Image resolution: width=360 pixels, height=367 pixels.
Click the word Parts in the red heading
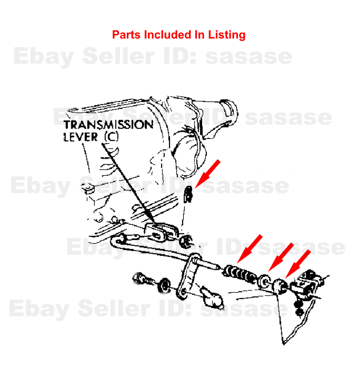click(x=126, y=35)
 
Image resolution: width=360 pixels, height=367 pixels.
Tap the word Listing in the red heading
click(x=227, y=35)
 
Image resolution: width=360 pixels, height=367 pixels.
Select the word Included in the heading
click(x=167, y=35)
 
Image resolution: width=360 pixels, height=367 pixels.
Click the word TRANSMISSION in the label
click(x=108, y=124)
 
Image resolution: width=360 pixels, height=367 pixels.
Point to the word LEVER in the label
click(x=81, y=137)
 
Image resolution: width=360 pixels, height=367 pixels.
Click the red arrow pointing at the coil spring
click(x=249, y=249)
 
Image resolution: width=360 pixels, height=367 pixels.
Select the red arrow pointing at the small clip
click(x=207, y=174)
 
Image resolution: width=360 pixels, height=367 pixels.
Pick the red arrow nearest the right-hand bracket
click(x=298, y=264)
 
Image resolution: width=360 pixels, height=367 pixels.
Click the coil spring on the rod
click(x=239, y=274)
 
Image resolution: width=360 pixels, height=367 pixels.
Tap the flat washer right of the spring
click(x=264, y=281)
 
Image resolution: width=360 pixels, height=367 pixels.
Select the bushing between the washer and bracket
click(x=280, y=286)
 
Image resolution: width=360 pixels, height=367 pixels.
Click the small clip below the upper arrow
click(x=188, y=194)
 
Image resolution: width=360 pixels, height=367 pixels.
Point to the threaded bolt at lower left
click(x=143, y=279)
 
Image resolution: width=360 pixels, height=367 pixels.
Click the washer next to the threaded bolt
click(x=165, y=286)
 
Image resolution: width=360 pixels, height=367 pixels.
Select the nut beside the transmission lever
click(x=186, y=242)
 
